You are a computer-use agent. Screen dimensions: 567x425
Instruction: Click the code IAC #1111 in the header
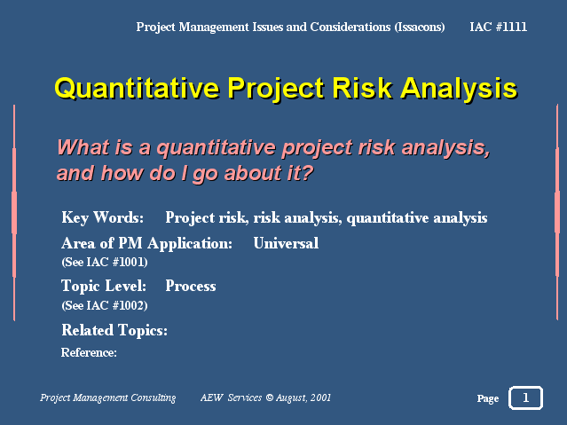[x=498, y=27]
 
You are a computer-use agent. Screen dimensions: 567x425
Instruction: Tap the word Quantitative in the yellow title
[x=137, y=88]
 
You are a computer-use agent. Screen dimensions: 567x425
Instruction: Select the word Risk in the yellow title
[x=362, y=88]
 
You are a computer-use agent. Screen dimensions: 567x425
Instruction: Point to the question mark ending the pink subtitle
[x=307, y=172]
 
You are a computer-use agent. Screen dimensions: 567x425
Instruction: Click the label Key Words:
[x=102, y=217]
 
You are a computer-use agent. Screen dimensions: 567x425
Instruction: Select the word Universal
[x=286, y=243]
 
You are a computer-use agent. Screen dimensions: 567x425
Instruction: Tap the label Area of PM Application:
[x=146, y=244]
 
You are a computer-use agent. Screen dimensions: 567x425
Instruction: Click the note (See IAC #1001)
[x=105, y=262]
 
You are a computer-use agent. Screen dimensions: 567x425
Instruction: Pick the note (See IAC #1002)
[x=105, y=305]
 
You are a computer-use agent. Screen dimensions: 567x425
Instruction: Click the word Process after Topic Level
[x=191, y=286]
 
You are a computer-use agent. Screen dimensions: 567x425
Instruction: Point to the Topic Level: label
[x=104, y=287]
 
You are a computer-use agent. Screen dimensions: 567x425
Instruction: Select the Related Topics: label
[x=114, y=331]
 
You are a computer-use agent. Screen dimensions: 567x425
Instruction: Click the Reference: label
[x=89, y=352]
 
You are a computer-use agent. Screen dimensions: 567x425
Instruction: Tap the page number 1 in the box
[x=526, y=397]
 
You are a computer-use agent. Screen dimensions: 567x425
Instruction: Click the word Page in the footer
[x=488, y=398]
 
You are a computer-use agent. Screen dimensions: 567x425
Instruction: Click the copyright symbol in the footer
[x=270, y=397]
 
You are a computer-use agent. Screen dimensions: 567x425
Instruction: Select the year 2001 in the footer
[x=320, y=397]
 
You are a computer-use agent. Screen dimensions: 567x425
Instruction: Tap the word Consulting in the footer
[x=154, y=398]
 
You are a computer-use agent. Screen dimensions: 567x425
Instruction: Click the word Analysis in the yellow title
[x=460, y=88]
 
